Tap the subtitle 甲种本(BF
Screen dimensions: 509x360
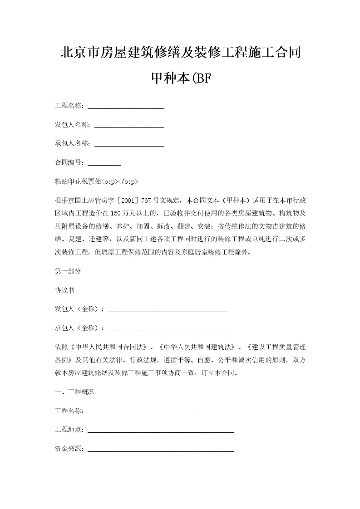(x=180, y=79)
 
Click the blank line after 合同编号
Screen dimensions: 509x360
(x=104, y=164)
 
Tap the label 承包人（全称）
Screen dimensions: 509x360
(x=78, y=328)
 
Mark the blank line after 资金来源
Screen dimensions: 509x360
(x=161, y=451)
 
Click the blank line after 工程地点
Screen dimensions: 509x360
(x=161, y=431)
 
